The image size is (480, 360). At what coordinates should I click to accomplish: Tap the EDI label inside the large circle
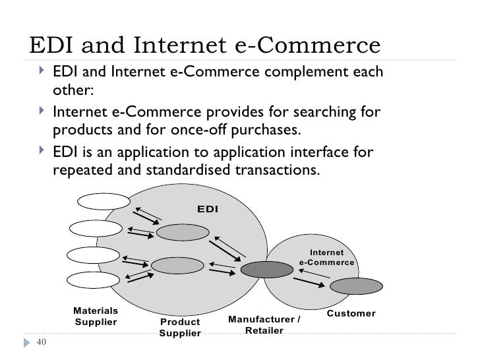click(x=208, y=208)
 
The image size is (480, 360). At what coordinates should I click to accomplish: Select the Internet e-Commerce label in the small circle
click(x=327, y=257)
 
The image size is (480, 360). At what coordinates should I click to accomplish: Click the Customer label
click(x=351, y=313)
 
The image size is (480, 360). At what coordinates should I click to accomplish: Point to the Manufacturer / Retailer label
click(x=264, y=324)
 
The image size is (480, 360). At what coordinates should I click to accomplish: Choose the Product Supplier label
click(x=180, y=328)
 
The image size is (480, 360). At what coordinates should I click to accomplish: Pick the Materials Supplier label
click(x=96, y=316)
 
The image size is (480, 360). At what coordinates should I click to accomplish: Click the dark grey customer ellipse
click(x=355, y=286)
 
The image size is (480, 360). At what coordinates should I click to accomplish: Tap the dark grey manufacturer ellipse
click(x=266, y=268)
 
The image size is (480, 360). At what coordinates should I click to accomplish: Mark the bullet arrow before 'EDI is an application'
click(x=43, y=153)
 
